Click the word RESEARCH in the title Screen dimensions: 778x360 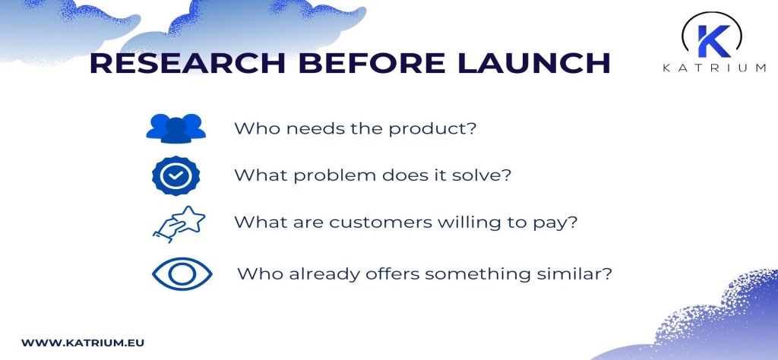click(188, 63)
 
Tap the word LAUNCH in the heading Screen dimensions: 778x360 click(534, 63)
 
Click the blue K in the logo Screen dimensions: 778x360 click(713, 41)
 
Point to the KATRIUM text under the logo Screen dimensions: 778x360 click(714, 68)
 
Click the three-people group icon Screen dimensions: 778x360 click(176, 128)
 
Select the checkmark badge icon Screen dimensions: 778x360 click(176, 175)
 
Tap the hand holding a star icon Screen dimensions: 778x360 click(179, 224)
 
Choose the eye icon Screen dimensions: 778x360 click(182, 273)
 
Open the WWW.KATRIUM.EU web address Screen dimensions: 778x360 click(82, 343)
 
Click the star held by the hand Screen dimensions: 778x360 click(191, 219)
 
